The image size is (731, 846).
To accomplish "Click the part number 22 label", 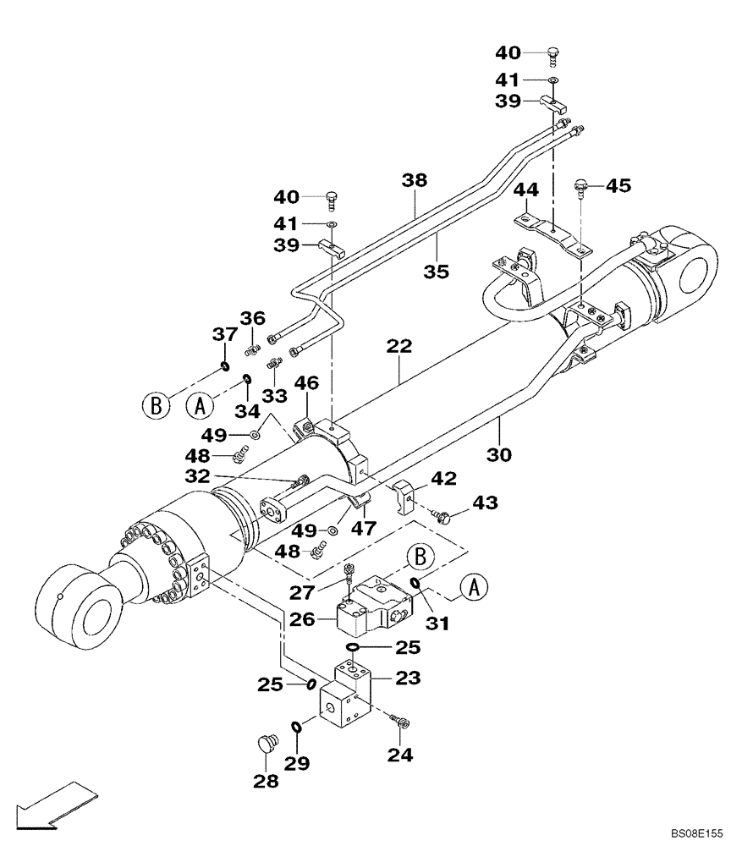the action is [399, 347].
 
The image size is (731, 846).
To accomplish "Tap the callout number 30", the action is [499, 454].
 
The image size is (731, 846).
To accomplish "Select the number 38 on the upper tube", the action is [415, 180].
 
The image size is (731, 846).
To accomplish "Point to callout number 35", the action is [437, 272].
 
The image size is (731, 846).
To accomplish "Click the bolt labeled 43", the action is [442, 514].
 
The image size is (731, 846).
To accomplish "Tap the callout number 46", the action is [307, 385].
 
